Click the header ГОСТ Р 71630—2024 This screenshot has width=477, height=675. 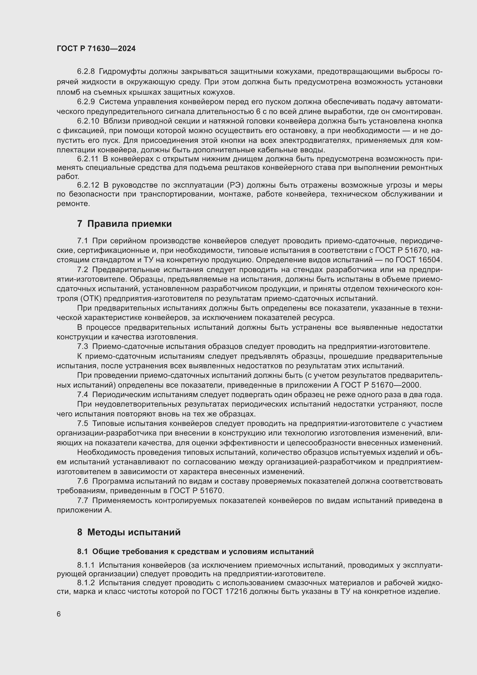[96, 48]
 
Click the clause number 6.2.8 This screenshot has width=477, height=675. [86, 72]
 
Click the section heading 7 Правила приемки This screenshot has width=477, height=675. [124, 224]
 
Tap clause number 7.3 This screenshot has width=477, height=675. [82, 347]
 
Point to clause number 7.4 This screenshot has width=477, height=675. [82, 395]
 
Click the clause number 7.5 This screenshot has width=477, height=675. [82, 424]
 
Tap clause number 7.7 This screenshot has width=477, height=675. [82, 500]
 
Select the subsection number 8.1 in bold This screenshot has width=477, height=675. [83, 552]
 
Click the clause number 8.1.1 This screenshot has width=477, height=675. [86, 565]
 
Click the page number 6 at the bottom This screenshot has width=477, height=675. [59, 614]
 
